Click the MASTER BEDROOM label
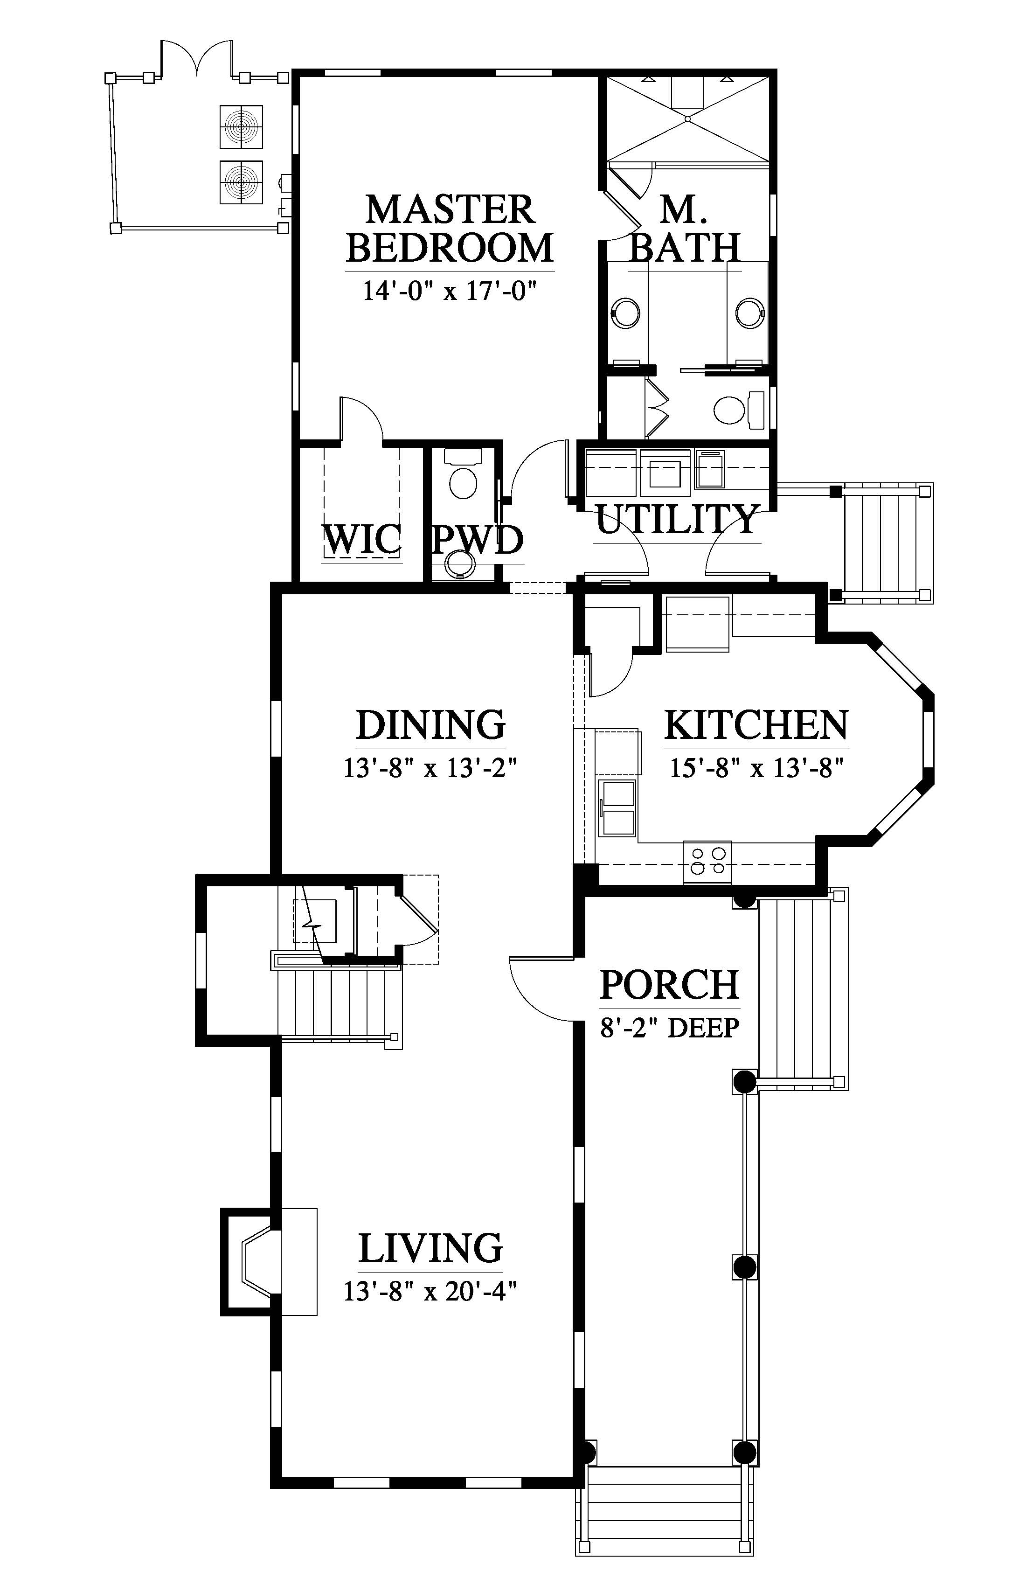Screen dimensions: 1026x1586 (450, 229)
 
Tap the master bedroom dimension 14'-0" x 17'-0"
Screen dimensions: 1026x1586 (450, 291)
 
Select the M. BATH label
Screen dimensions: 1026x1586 (686, 229)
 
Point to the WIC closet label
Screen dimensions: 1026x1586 (362, 539)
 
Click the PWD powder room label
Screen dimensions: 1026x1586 (477, 539)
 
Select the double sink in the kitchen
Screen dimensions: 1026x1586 (617, 807)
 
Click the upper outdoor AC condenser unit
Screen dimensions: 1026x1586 (241, 126)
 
